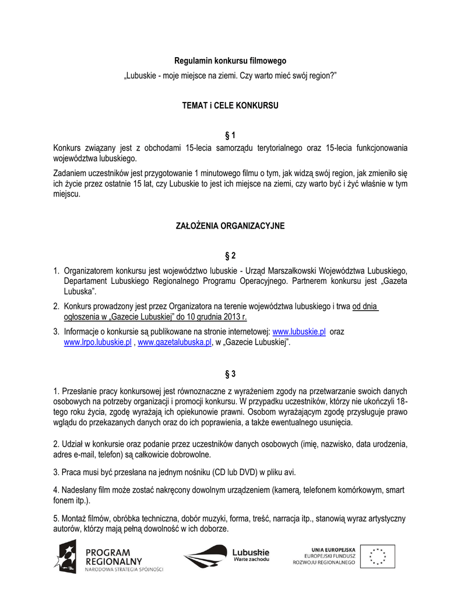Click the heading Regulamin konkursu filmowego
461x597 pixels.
tap(231, 61)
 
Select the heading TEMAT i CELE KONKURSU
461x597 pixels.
tap(231, 106)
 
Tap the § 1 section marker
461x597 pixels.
tap(231, 136)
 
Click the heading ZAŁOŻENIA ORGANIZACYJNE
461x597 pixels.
tap(231, 226)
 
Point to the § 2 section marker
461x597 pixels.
tap(231, 256)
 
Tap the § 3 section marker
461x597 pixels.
tap(231, 373)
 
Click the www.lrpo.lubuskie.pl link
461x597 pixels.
tap(97, 343)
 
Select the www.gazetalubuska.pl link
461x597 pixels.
tap(174, 343)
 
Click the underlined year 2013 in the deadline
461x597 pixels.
tap(233, 317)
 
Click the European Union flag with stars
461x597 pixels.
tap(377, 556)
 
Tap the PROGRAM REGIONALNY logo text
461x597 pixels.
tap(114, 557)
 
